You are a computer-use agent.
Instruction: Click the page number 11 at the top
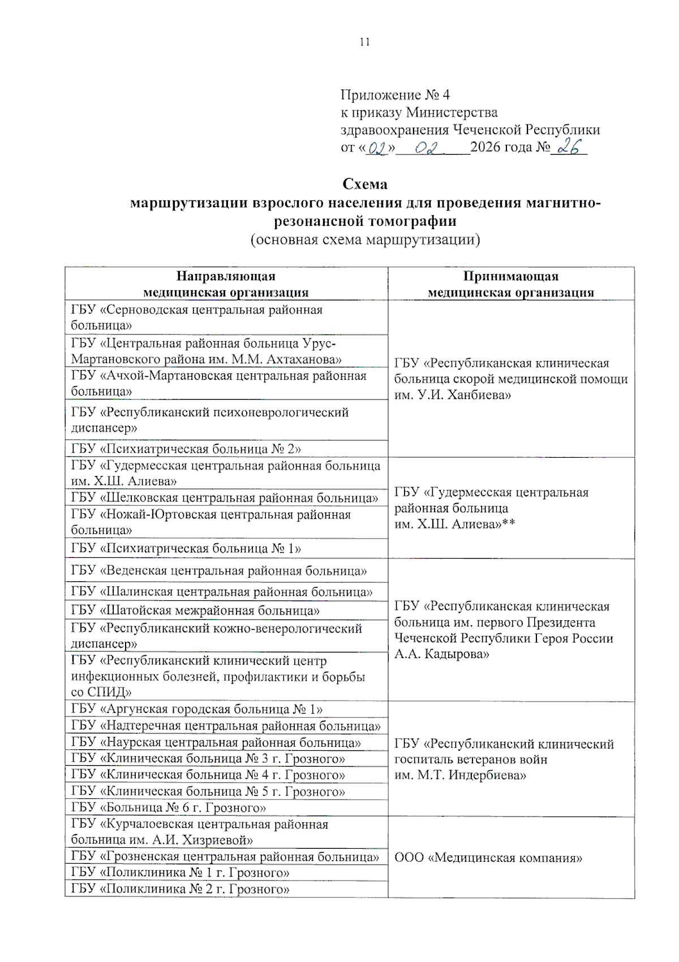tap(364, 42)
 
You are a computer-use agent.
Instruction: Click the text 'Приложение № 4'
tap(394, 95)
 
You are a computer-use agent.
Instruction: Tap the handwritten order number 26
tap(569, 147)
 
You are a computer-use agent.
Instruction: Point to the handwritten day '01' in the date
tap(377, 148)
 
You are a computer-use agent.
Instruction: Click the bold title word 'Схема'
tap(365, 184)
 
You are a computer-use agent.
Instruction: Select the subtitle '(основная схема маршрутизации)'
tap(365, 239)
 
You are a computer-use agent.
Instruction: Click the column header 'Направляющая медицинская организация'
tap(226, 284)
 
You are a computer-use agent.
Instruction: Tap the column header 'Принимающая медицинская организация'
tap(510, 284)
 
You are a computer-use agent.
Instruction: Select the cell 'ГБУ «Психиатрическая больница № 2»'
tap(186, 449)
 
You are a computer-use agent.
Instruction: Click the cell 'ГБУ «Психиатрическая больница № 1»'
tap(186, 548)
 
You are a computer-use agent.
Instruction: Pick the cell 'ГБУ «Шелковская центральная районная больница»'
tap(225, 498)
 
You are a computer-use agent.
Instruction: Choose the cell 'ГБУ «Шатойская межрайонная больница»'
tap(195, 611)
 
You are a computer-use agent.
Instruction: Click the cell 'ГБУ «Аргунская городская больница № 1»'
tap(197, 709)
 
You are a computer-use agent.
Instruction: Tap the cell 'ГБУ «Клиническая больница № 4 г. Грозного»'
tap(208, 775)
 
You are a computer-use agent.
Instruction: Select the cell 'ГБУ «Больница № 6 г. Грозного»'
tap(169, 808)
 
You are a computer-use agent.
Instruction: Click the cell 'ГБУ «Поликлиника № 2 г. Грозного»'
tap(180, 888)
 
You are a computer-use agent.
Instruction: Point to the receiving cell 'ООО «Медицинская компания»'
tap(488, 857)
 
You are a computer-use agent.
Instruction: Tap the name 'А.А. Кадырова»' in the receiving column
tap(441, 654)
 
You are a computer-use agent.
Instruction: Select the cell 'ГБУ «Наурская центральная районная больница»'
tap(216, 742)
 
